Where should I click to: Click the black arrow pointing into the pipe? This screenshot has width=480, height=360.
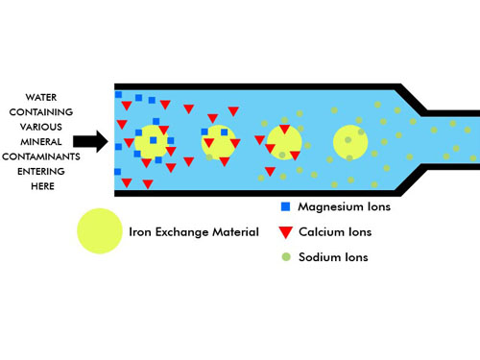pyautogui.click(x=90, y=141)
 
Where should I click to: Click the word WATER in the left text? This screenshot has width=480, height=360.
pyautogui.click(x=41, y=97)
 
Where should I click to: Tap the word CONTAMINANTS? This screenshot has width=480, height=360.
pyautogui.click(x=41, y=156)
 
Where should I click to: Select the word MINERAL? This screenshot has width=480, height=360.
pyautogui.click(x=41, y=141)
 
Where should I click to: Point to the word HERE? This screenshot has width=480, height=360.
pyautogui.click(x=42, y=186)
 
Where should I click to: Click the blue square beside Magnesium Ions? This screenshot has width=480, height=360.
pyautogui.click(x=285, y=206)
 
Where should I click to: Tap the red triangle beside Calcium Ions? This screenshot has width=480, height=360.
pyautogui.click(x=285, y=232)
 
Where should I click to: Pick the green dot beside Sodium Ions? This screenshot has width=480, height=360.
pyautogui.click(x=286, y=256)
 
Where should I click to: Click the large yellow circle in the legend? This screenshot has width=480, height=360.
pyautogui.click(x=100, y=231)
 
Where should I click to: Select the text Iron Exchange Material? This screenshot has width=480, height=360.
pyautogui.click(x=194, y=232)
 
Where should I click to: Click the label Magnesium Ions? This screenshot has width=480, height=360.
pyautogui.click(x=345, y=206)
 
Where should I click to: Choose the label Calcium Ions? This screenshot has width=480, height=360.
pyautogui.click(x=335, y=232)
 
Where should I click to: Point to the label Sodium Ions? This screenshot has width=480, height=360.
pyautogui.click(x=333, y=257)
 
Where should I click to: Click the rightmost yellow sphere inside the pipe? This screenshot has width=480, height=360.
pyautogui.click(x=350, y=142)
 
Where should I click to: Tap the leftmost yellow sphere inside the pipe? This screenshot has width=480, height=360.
pyautogui.click(x=151, y=142)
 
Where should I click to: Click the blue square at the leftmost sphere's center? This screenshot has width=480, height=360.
pyautogui.click(x=154, y=140)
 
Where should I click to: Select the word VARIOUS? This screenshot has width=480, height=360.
pyautogui.click(x=41, y=127)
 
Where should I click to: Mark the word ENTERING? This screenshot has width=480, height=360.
pyautogui.click(x=41, y=171)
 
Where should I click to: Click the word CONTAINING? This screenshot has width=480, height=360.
pyautogui.click(x=41, y=112)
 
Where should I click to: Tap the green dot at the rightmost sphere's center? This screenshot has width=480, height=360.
pyautogui.click(x=348, y=140)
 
